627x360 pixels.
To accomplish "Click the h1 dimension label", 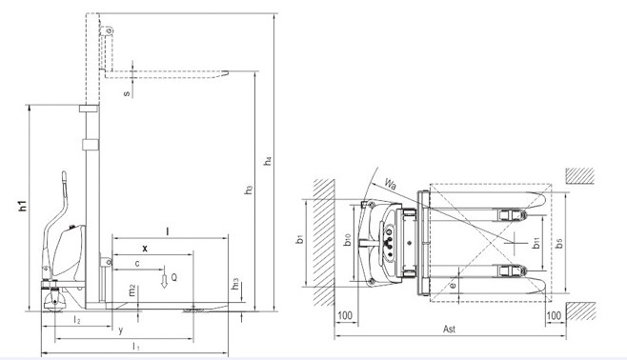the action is pyautogui.click(x=24, y=206).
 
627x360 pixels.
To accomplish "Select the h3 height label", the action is pyautogui.click(x=249, y=190).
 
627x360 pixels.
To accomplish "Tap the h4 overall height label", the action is pyautogui.click(x=268, y=160).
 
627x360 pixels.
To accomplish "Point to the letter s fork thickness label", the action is pyautogui.click(x=127, y=93).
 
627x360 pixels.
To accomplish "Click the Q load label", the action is pyautogui.click(x=174, y=277).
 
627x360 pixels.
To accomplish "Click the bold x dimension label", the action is pyautogui.click(x=145, y=249).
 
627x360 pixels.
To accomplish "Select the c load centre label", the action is pyautogui.click(x=137, y=264).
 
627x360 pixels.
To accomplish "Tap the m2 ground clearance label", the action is pyautogui.click(x=132, y=290).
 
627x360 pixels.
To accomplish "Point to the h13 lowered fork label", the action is pyautogui.click(x=235, y=284).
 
